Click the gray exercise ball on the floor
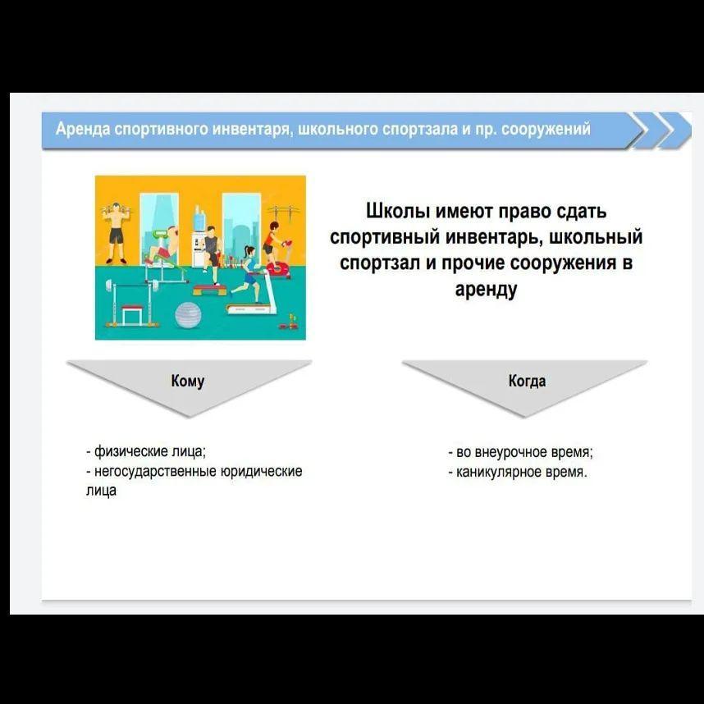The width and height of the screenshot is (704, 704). [x=188, y=314]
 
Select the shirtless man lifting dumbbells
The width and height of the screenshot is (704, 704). [x=117, y=232]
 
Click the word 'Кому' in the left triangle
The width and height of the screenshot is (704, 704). [x=188, y=381]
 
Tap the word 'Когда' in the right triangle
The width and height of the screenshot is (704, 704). [x=527, y=381]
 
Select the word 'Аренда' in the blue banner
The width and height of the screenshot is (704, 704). [x=83, y=130]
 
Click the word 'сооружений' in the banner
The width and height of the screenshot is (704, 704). [x=546, y=130]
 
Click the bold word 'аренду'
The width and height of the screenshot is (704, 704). [x=486, y=289]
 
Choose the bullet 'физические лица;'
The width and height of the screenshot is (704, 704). [x=146, y=451]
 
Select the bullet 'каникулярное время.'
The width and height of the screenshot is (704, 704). [x=518, y=473]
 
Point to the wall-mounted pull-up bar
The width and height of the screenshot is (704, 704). [x=283, y=211]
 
